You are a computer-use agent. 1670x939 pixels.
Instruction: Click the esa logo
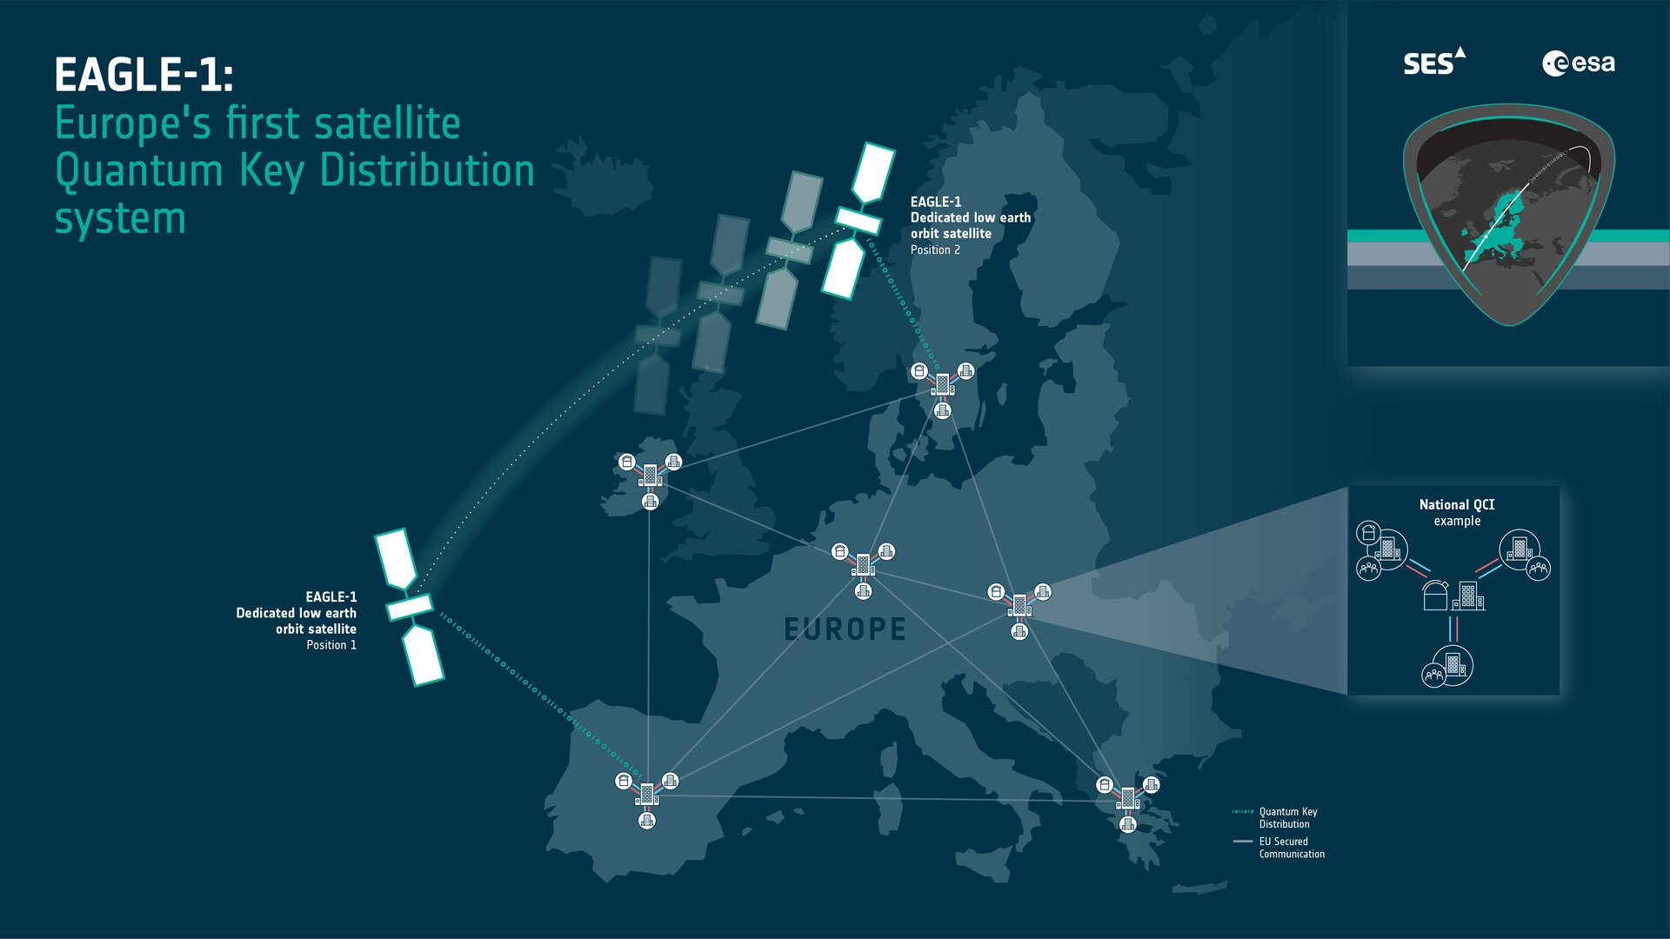(1578, 63)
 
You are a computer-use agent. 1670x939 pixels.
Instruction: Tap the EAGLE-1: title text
(144, 75)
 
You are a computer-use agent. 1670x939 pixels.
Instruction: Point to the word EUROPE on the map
(845, 629)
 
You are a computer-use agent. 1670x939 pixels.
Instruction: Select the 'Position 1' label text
(331, 645)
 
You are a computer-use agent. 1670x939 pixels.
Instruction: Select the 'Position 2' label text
(935, 250)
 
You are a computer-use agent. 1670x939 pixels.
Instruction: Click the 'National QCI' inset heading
(1456, 505)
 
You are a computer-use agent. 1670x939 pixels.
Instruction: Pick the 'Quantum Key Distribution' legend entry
(1287, 817)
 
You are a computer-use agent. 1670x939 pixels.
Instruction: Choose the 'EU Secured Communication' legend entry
(1291, 848)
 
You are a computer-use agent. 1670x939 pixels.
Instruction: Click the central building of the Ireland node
(650, 476)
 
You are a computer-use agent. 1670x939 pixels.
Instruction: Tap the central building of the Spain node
(646, 794)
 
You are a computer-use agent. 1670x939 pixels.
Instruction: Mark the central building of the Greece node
(1127, 797)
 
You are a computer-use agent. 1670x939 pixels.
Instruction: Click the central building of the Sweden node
(942, 383)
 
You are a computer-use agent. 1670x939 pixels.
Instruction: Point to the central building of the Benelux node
(863, 564)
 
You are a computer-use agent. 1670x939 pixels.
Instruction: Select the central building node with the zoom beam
(1019, 604)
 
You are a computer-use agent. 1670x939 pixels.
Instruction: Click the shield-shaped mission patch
(1508, 213)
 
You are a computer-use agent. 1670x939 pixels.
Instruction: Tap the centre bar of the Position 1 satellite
(409, 607)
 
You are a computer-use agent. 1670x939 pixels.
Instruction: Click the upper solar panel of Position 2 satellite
(872, 172)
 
